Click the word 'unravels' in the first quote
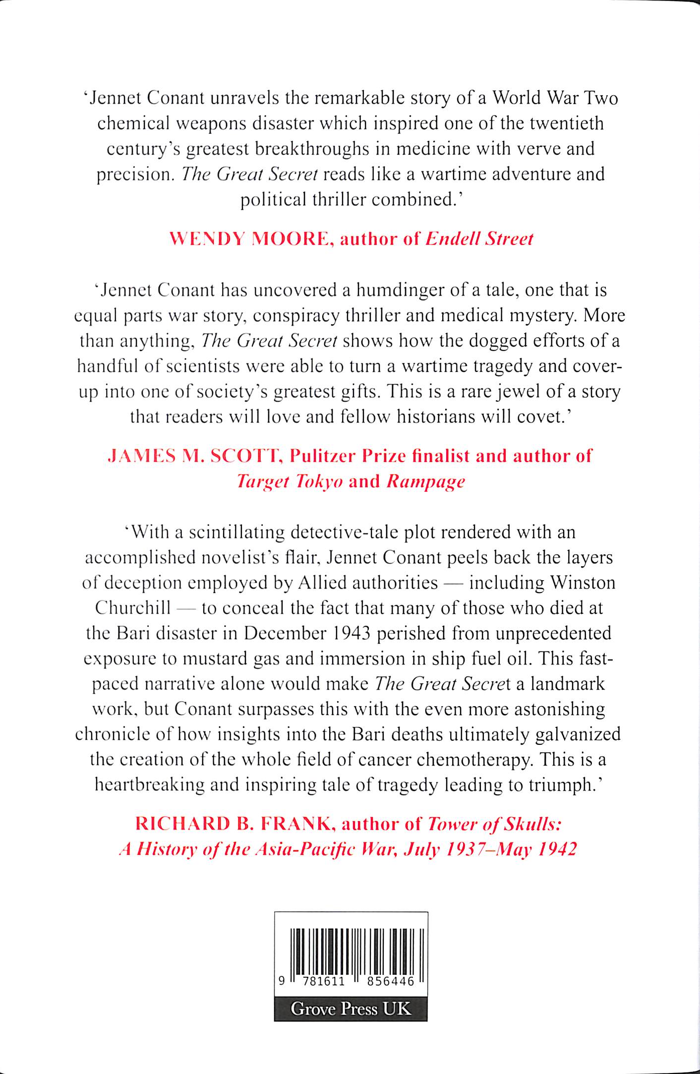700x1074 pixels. pyautogui.click(x=244, y=98)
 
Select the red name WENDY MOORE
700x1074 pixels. pyautogui.click(x=252, y=239)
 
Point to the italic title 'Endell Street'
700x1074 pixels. pyautogui.click(x=479, y=239)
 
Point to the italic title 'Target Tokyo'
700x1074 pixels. pyautogui.click(x=290, y=481)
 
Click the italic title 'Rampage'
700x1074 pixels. pyautogui.click(x=425, y=481)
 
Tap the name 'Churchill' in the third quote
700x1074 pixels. pyautogui.click(x=132, y=608)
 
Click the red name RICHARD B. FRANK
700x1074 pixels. pyautogui.click(x=233, y=824)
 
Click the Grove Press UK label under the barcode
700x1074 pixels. pyautogui.click(x=350, y=1009)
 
